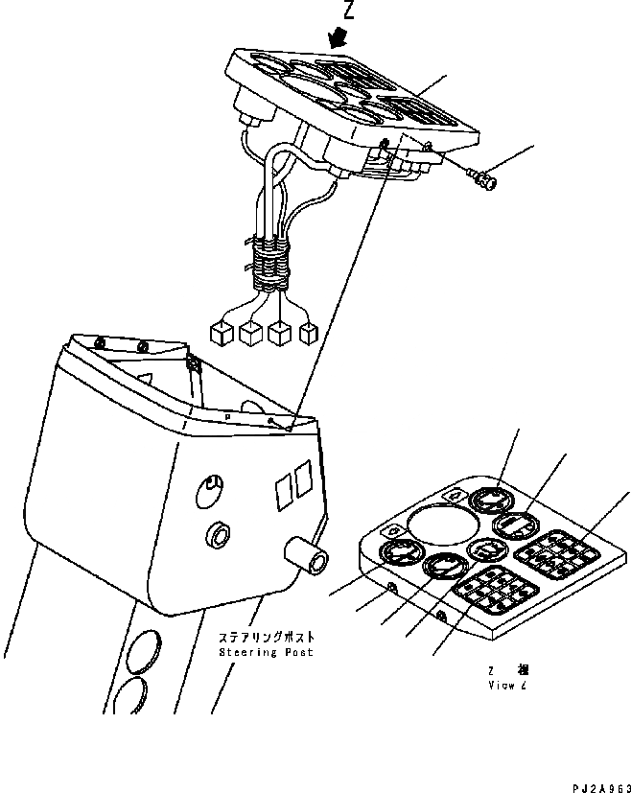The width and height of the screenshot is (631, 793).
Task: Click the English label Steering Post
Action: (x=266, y=652)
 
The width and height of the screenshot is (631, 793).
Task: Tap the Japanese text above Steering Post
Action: (x=266, y=637)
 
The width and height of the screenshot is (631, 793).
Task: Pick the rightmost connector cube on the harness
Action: (x=309, y=334)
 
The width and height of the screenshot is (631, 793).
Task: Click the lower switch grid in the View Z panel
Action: (x=491, y=596)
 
